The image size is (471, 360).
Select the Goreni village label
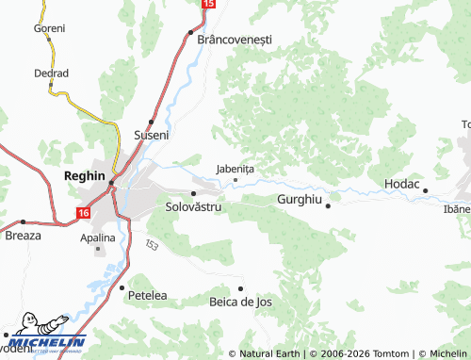tap(49, 28)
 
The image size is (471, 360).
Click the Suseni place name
tap(152, 135)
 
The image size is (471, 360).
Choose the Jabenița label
tap(235, 169)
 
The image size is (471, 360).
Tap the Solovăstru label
tap(193, 205)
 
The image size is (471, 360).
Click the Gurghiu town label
tap(300, 200)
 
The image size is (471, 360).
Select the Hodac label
tap(401, 184)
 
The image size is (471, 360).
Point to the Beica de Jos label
tap(240, 302)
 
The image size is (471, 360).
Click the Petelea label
tap(147, 295)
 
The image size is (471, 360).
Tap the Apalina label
tap(98, 237)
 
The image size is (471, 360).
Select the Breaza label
tap(24, 235)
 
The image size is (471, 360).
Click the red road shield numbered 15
tap(208, 5)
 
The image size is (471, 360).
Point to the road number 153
tap(151, 245)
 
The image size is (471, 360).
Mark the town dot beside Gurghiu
tap(328, 205)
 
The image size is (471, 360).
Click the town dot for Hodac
tap(425, 190)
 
